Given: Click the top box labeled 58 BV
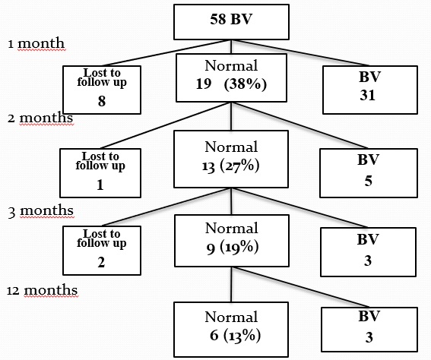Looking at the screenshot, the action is tap(231, 22).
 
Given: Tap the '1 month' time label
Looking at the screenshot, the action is tap(36, 43).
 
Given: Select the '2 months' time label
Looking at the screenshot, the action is tap(40, 118).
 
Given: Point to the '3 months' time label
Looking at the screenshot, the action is tap(41, 211).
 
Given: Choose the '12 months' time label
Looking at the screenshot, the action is tap(43, 290).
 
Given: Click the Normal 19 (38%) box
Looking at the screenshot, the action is tap(231, 77).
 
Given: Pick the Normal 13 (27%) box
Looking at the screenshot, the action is tap(231, 159).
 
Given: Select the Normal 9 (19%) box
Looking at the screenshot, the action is tap(232, 241).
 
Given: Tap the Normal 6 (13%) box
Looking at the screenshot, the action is tap(231, 330).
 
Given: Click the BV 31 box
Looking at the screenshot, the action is tap(370, 90).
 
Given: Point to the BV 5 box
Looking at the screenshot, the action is tap(369, 173).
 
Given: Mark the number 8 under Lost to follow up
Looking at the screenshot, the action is tap(102, 101).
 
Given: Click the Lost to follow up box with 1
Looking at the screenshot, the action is tap(100, 173).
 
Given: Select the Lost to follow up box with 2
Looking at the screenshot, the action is tap(102, 251).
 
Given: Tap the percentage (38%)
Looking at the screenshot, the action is tap(246, 84).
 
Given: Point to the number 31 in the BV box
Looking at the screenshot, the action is tap(367, 95).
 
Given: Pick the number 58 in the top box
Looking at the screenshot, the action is tap(218, 19).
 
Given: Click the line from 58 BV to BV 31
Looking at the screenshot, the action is tap(300, 52).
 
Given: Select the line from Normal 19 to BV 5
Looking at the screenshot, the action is tap(299, 125).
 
